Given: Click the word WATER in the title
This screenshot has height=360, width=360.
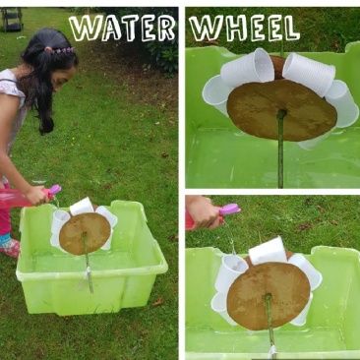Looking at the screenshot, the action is coord(122,29).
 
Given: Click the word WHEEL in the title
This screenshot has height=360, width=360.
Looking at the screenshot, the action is coord(244,28).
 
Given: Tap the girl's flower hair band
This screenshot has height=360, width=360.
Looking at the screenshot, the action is coord(61,50).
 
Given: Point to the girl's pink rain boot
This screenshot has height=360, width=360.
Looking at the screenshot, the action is coord(11,247).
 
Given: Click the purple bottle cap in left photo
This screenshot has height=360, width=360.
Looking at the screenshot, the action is coord(54,190).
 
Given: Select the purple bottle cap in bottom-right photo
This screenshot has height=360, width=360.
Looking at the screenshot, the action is coord(231,210).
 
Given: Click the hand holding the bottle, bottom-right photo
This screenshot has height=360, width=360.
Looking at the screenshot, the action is coord(203,211).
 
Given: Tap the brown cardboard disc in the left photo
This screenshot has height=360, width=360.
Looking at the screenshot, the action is coord(85,233).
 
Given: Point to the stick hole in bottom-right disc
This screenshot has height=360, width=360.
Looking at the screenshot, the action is coord(268,297).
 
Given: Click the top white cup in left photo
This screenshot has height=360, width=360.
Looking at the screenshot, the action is coord(82,207).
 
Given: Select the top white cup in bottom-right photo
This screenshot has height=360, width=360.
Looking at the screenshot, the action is coord(269,251).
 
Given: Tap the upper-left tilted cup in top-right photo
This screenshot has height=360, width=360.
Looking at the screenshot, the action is coord(248,68).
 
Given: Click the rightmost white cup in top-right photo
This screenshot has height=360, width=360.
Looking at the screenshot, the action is coord(342,103).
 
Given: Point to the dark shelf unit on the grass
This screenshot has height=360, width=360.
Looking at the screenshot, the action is coord(12,19).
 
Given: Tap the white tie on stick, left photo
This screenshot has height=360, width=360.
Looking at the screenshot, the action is coord(87,273).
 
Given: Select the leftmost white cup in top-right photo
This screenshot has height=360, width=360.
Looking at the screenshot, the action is coord(216,94).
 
